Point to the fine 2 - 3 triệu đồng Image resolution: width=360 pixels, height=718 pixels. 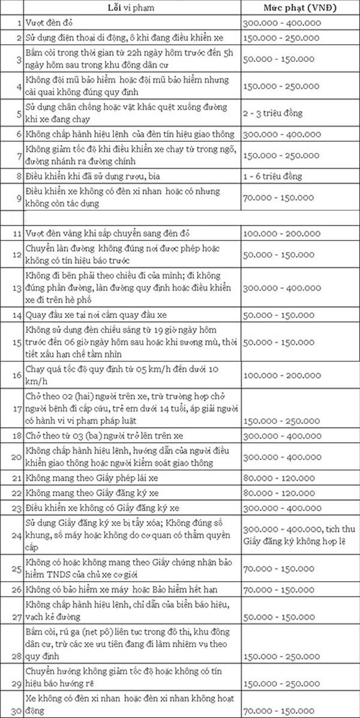273,113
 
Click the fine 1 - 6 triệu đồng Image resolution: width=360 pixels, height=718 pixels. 273,176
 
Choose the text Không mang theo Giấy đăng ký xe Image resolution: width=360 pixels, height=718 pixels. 91,493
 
